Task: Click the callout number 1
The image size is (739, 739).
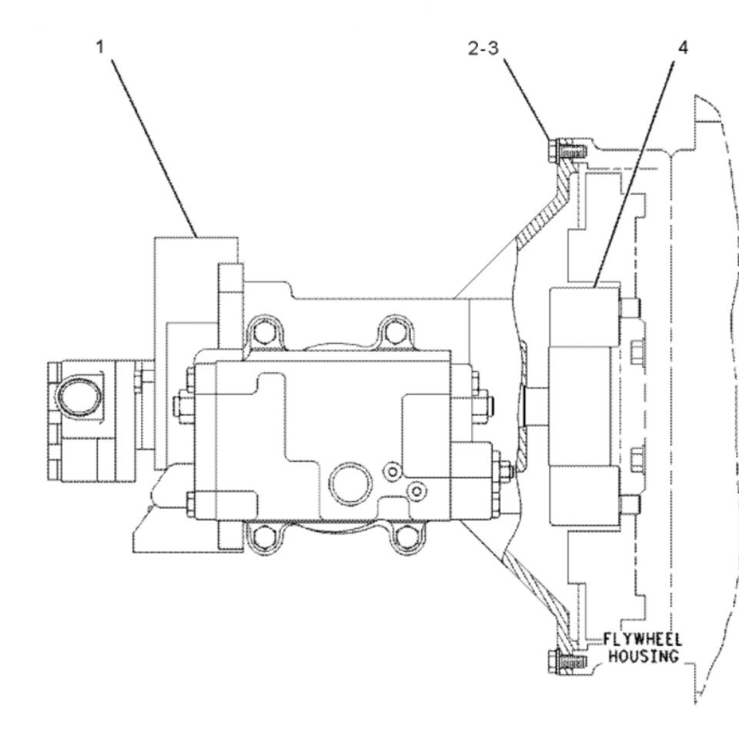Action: pos(100,47)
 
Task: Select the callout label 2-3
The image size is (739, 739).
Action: pos(483,48)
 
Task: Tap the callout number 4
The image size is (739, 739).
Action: pos(683,47)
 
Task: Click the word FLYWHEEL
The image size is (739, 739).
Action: pos(642,640)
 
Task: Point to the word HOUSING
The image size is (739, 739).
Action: pos(644,656)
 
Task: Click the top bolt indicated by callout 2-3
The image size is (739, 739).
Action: pos(567,152)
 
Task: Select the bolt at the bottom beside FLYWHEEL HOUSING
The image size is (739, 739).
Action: pos(567,660)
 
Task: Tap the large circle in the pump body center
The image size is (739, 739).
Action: pos(350,484)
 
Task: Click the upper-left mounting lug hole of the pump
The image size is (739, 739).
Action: pos(263,333)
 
